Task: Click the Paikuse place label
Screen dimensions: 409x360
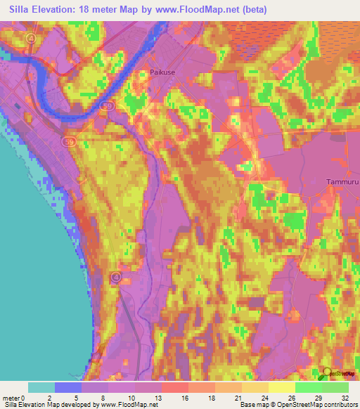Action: pos(163,72)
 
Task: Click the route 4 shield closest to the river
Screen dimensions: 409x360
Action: pos(30,38)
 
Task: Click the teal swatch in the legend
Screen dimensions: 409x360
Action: pos(41,387)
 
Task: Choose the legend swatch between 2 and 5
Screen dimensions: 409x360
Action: pos(68,387)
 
